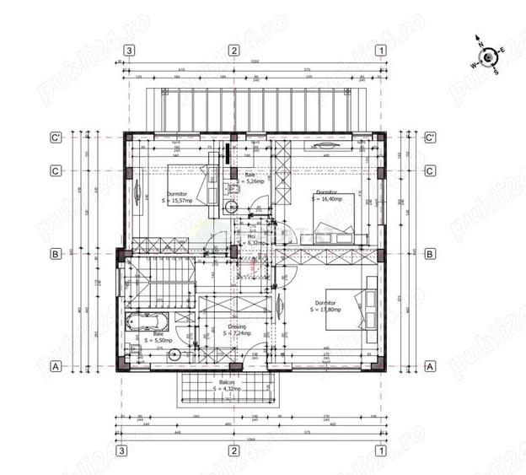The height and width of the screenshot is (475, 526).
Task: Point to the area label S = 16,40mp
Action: tap(326, 199)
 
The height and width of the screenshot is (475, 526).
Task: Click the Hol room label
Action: tap(251, 236)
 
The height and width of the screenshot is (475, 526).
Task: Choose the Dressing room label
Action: tap(237, 327)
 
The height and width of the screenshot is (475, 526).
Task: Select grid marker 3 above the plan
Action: tap(129, 50)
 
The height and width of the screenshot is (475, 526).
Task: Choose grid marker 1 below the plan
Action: tap(382, 451)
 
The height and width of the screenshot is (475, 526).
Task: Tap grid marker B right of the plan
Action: tap(429, 253)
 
